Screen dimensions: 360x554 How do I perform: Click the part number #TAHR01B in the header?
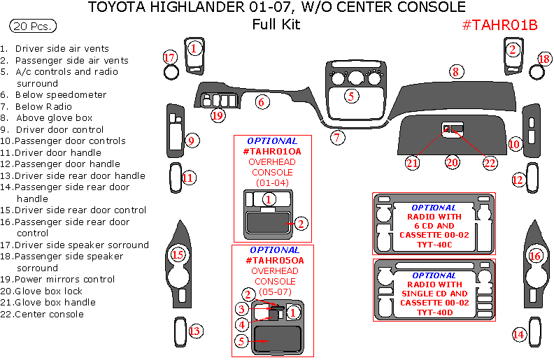499,24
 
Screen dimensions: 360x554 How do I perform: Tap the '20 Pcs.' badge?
34,27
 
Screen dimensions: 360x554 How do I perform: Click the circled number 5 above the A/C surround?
352,95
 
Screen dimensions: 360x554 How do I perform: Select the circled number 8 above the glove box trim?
455,71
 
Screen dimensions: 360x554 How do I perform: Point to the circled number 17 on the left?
169,57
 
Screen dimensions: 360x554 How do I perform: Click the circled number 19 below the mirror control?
218,115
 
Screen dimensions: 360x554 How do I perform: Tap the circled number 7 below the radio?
338,137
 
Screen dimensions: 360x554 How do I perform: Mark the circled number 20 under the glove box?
452,162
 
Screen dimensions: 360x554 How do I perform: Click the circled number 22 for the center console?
490,162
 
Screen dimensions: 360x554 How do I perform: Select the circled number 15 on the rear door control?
178,255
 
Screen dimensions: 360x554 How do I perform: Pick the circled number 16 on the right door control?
536,257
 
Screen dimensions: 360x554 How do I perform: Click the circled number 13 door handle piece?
195,331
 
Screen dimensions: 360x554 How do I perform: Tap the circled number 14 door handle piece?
519,334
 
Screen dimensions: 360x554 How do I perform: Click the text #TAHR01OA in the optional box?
272,151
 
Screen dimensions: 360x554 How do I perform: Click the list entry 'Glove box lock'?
48,291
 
